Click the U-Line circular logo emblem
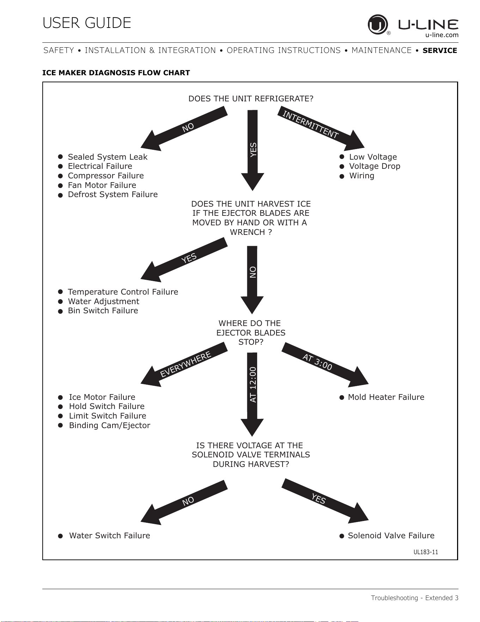point(378,24)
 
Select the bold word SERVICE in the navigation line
point(440,51)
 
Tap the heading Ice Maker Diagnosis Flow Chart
point(116,73)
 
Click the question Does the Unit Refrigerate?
point(251,99)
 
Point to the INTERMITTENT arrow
point(321,129)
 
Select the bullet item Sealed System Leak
point(108,157)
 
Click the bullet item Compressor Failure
point(106,176)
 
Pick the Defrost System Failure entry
point(113,195)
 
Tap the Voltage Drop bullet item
point(375,166)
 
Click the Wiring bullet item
point(361,176)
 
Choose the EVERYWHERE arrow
point(184,365)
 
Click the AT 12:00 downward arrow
point(252,395)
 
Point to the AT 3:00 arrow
point(325,365)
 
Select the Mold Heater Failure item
point(386,397)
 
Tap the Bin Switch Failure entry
point(103,311)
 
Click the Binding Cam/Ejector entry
point(110,426)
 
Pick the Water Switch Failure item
point(110,536)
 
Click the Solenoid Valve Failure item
point(391,536)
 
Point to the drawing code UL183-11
point(426,552)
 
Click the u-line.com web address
point(442,35)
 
